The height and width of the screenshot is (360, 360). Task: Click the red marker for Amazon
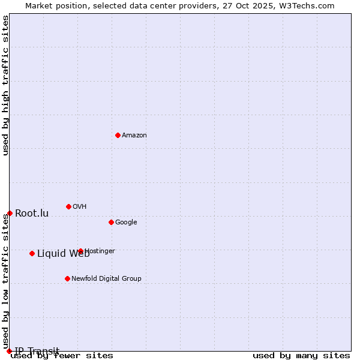coord(118,135)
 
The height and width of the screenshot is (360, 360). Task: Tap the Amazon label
coord(134,136)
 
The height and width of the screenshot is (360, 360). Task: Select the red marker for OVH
coord(68,206)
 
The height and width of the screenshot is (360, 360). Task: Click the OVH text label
coord(80,207)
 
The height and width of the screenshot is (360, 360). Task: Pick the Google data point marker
coord(111,222)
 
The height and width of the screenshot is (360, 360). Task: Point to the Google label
coord(126,223)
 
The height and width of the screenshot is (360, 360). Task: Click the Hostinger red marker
coord(80,251)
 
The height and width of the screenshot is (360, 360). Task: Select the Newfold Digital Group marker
coord(67,278)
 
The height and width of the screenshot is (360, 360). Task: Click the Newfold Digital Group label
coord(106,278)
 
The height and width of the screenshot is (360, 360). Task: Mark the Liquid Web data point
coord(32,253)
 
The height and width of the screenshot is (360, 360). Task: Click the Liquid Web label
coord(63,254)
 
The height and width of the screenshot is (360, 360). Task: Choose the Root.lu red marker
coord(10,213)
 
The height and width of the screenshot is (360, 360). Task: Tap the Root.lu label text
coord(32,214)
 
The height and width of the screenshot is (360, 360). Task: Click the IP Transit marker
coord(9,351)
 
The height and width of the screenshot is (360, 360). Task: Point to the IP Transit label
coord(37,351)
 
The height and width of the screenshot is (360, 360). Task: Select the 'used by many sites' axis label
coord(301,356)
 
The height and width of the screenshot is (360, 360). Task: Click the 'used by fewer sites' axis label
coord(62,356)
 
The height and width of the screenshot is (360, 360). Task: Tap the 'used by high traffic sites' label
coord(6,85)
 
